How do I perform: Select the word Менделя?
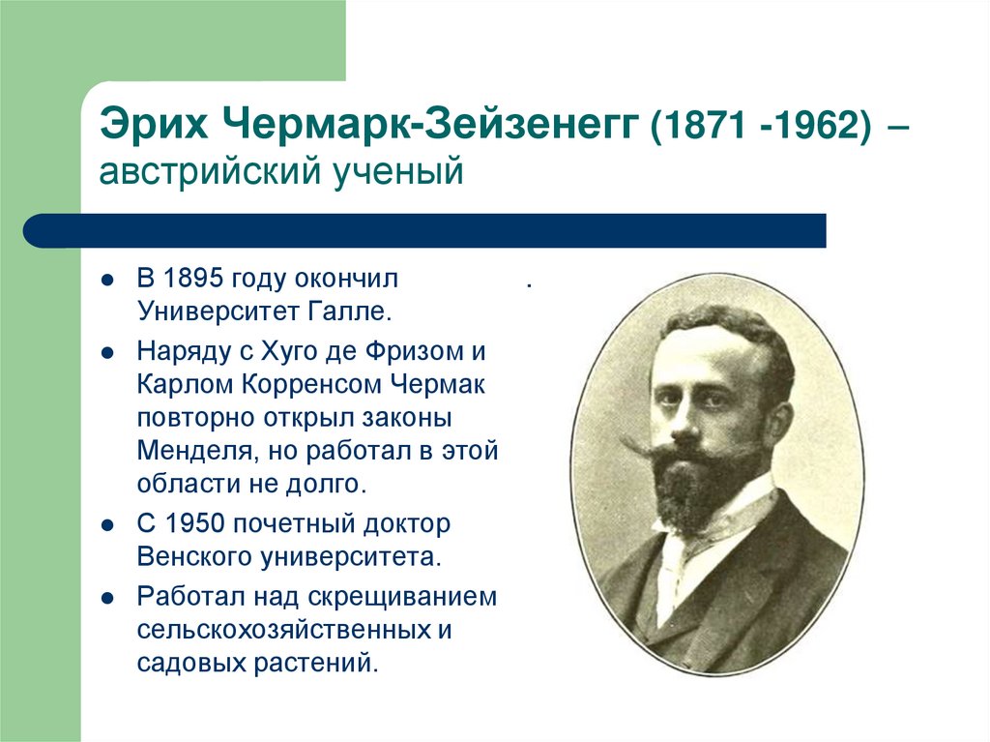click(191, 450)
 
